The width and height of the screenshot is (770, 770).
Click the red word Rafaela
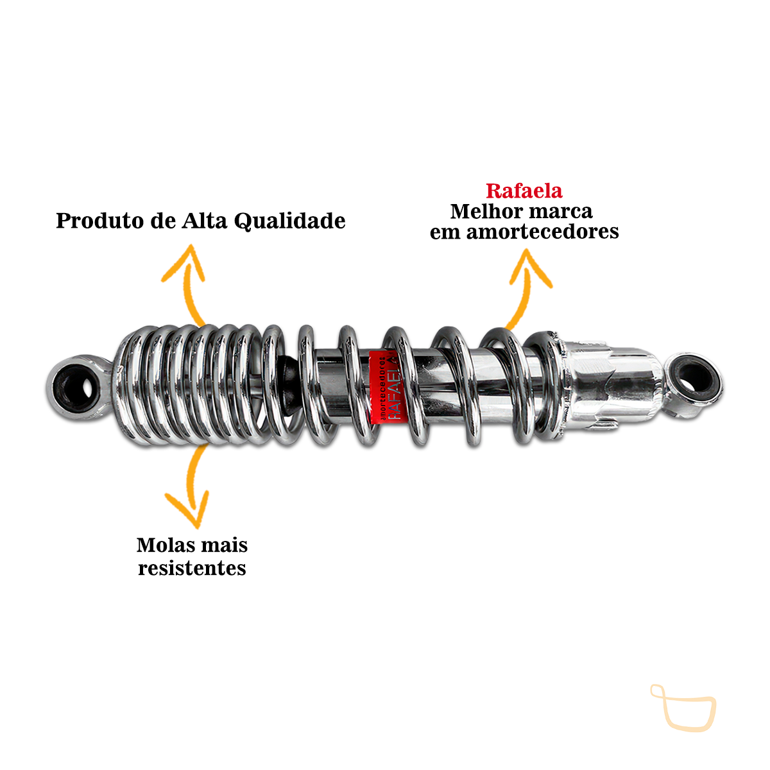click(524, 191)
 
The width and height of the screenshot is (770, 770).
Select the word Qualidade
click(289, 221)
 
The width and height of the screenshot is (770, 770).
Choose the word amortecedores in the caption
click(542, 232)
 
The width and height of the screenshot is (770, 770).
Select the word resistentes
click(192, 569)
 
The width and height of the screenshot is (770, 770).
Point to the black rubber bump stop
click(289, 382)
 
